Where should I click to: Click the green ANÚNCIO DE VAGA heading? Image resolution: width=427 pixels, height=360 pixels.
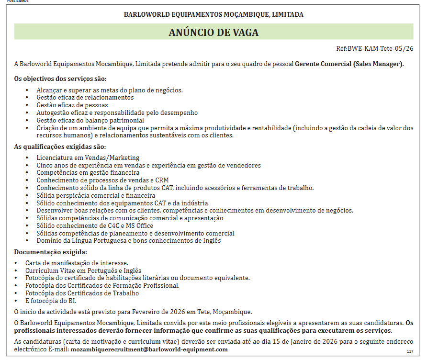coord(213,32)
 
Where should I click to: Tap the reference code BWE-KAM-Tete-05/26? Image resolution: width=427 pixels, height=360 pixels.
coord(380,48)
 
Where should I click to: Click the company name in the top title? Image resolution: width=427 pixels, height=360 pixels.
coord(213,14)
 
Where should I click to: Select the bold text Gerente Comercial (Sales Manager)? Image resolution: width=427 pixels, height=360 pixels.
coord(349,64)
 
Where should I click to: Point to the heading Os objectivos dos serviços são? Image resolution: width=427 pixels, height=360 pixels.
coord(60,79)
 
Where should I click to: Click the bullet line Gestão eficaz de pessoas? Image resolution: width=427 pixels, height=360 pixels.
coord(72,105)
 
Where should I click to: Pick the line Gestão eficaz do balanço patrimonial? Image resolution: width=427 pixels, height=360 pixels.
coord(90,120)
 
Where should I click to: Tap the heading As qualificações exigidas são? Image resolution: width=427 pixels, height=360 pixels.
coord(60,146)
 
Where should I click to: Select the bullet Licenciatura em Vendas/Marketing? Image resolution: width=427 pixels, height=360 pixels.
coord(88,157)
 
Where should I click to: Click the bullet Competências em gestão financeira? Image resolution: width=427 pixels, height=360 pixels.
coord(88,172)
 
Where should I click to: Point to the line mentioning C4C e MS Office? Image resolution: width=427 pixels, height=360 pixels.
coord(95,225)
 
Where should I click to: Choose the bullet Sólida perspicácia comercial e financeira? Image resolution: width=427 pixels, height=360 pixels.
coord(96,195)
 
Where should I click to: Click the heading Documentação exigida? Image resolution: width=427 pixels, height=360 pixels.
coord(50,252)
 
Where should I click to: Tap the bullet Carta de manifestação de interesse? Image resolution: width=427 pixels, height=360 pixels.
coord(77,263)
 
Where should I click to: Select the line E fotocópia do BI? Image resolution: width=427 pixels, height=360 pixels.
coord(51,301)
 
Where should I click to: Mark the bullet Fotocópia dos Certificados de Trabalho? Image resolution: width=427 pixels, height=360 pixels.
coord(82,293)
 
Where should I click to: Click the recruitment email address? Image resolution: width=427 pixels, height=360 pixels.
coord(149,349)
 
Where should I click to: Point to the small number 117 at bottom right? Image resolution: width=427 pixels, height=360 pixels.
coord(410,352)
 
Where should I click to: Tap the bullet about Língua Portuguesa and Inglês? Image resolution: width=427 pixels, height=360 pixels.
coord(129,240)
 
